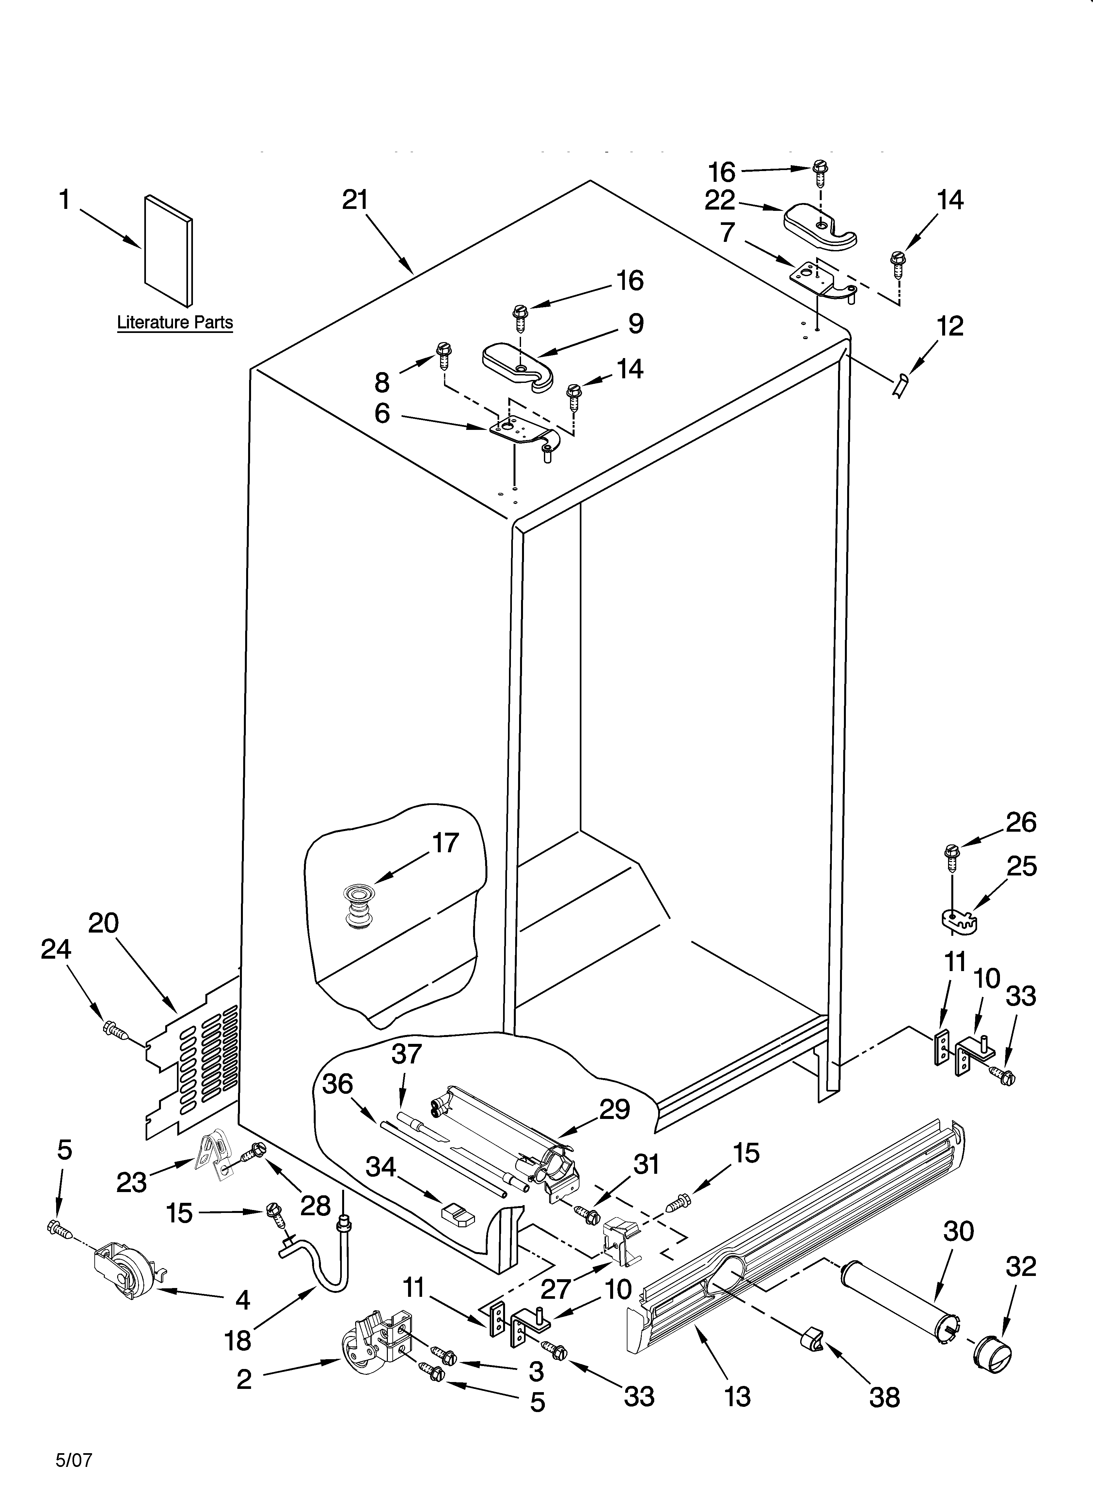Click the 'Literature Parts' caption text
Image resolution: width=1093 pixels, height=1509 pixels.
175,323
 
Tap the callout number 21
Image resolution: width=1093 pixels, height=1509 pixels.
356,200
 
